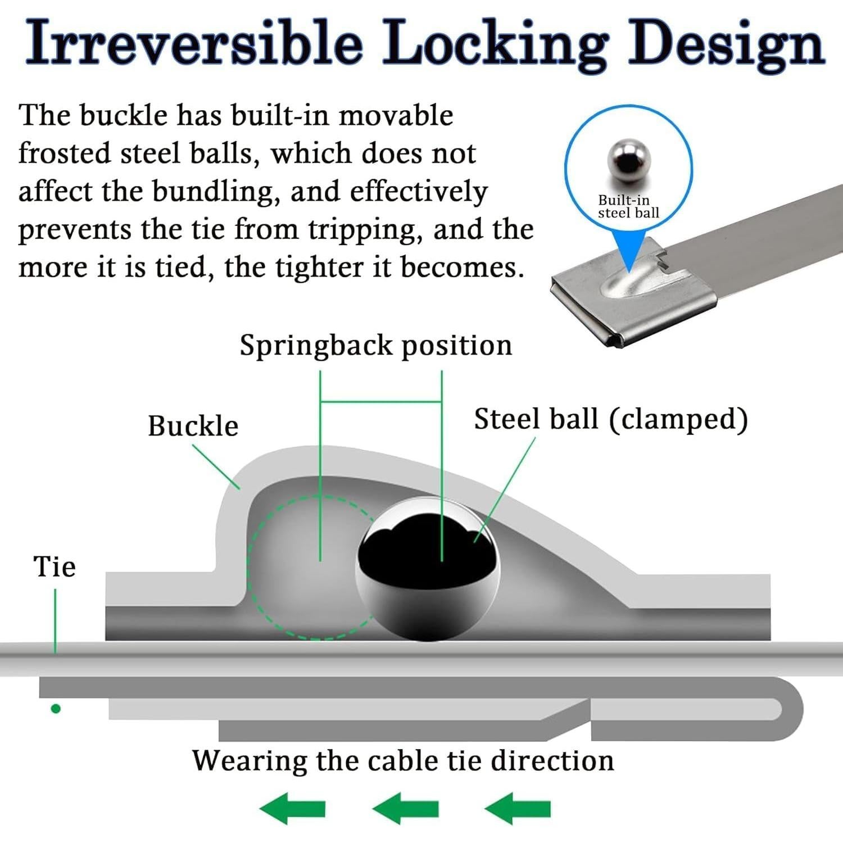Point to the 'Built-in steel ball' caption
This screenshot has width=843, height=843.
click(628, 206)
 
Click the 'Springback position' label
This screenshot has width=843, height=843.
click(376, 346)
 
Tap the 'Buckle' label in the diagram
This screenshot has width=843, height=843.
click(193, 425)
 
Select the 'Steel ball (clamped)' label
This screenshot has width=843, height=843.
click(611, 420)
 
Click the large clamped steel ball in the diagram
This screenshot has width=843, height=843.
click(428, 569)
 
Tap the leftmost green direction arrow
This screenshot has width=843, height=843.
click(292, 809)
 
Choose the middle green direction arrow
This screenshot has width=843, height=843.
click(405, 809)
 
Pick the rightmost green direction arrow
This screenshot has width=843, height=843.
click(518, 809)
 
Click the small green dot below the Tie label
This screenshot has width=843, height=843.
click(56, 709)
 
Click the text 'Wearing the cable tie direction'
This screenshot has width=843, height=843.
click(403, 760)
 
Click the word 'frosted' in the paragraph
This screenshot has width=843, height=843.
click(64, 153)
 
